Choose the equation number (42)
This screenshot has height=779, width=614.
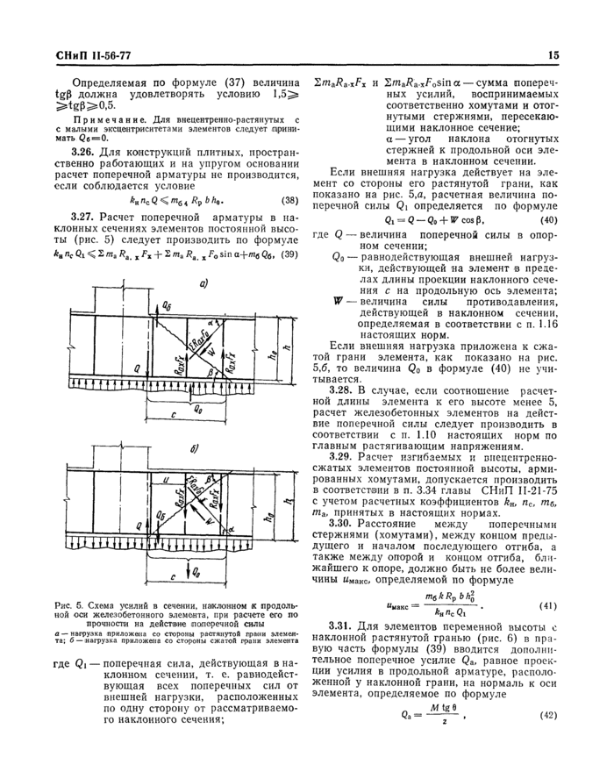pyautogui.click(x=546, y=690)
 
